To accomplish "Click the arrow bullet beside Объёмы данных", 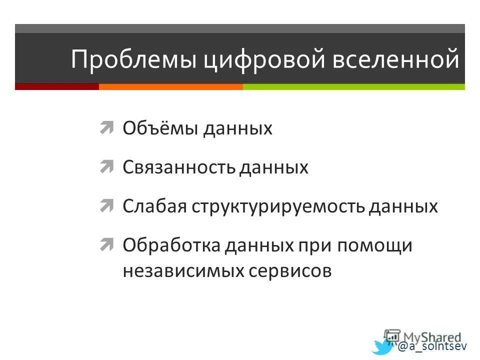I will (106, 128).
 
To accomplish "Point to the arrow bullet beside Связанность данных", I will (106, 166).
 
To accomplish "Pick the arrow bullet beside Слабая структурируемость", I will (106, 205).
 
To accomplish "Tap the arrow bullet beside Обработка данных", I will (106, 244).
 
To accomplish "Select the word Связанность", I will (178, 167).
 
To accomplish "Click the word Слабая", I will (153, 206).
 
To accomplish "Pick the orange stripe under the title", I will (170, 86).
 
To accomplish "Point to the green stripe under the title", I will (353, 86).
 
